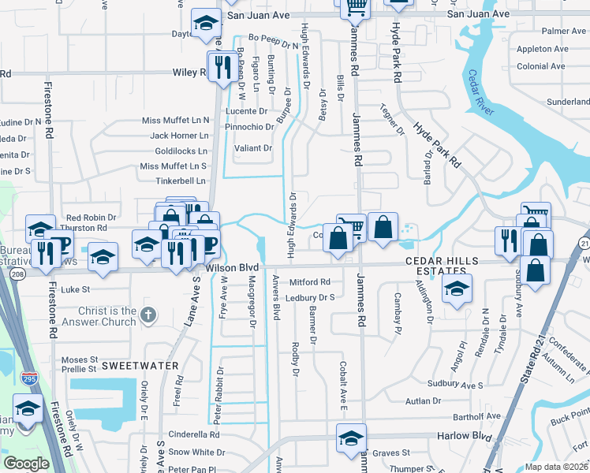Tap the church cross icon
(x=147, y=316)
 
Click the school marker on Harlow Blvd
(x=351, y=439)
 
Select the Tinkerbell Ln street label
(x=180, y=181)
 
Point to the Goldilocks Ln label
(x=181, y=151)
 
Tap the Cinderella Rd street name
(x=192, y=434)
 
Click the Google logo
(x=26, y=463)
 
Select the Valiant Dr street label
(x=252, y=147)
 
